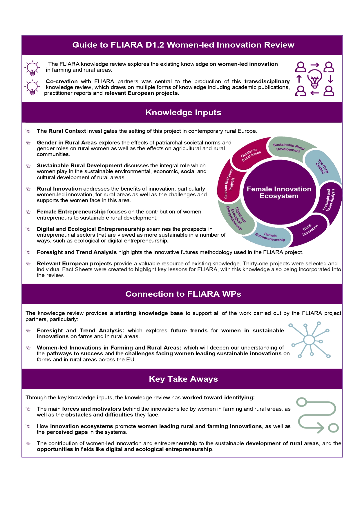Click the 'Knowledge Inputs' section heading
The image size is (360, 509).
click(x=183, y=113)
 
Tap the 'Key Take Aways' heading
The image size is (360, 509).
click(x=183, y=379)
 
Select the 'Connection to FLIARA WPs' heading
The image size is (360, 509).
click(x=183, y=294)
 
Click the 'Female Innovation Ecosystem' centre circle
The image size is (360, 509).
click(x=279, y=193)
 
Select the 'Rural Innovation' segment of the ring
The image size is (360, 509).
click(x=310, y=230)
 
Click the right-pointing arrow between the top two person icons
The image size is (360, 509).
click(x=315, y=65)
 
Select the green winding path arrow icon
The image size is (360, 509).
click(x=317, y=415)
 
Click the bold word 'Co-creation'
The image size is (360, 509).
click(x=62, y=81)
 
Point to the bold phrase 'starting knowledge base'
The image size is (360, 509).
click(x=149, y=313)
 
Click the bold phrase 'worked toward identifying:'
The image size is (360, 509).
click(x=218, y=398)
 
